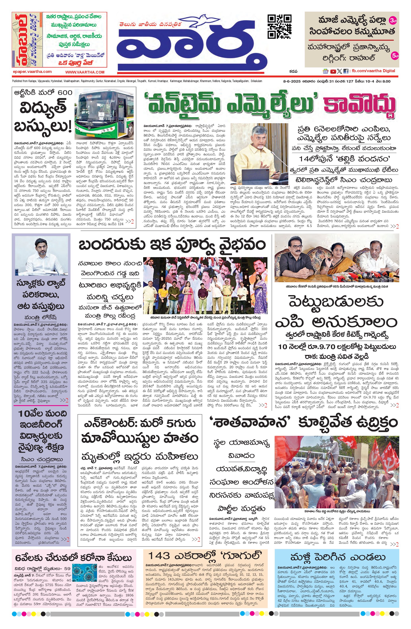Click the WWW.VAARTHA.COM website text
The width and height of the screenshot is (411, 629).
click(x=85, y=72)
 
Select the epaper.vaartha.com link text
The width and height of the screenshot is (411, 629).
click(x=32, y=71)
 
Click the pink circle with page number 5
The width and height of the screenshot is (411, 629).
click(x=395, y=56)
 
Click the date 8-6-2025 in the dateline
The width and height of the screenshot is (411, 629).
click(x=290, y=81)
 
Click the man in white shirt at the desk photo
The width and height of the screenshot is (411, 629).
click(x=41, y=255)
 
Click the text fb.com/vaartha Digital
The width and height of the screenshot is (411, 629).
click(x=373, y=71)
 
